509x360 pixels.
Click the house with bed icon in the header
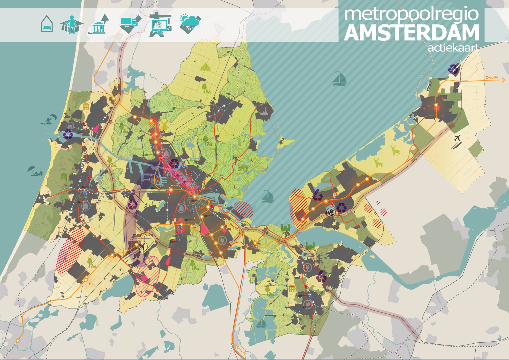[x=47, y=24]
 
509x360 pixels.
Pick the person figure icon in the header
[x=71, y=25]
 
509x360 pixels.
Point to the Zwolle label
[x=492, y=77]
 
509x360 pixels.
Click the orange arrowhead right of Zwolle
[x=503, y=80]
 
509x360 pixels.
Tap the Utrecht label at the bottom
[x=241, y=350]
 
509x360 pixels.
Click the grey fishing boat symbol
[x=264, y=112]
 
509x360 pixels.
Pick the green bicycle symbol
[x=243, y=168]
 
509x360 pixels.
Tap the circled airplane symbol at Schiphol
[x=142, y=246]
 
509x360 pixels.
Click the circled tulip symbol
[x=331, y=212]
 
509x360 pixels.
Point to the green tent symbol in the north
[x=205, y=67]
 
